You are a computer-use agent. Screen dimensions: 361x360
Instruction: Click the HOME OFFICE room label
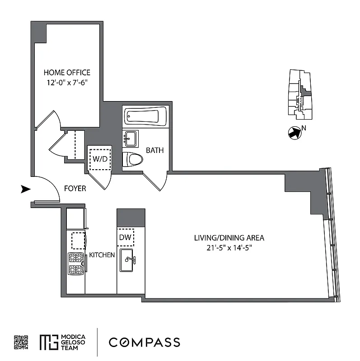[x=67, y=72]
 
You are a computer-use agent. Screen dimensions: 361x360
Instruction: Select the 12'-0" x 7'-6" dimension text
[x=67, y=83]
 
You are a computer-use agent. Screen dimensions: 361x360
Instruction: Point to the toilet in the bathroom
[x=132, y=159]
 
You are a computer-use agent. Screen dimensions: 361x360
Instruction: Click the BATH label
[x=154, y=150]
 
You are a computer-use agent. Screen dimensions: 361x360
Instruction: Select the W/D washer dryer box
[x=100, y=159]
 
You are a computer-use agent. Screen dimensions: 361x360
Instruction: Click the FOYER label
[x=75, y=189]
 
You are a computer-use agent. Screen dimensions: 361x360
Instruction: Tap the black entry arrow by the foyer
[x=26, y=189]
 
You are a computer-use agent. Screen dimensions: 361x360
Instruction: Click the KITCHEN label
[x=102, y=255]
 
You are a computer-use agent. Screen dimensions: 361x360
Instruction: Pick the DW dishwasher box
[x=125, y=237]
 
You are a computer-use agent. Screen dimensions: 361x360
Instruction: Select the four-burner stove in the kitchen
[x=76, y=264]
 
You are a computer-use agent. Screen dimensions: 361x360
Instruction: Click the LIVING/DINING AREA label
[x=229, y=238]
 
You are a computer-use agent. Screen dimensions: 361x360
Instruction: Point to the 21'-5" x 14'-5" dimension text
[x=229, y=247]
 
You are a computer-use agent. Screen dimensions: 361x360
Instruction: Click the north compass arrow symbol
[x=295, y=132]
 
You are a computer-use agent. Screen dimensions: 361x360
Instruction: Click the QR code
[x=21, y=342]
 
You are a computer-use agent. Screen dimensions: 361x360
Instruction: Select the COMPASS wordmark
[x=144, y=342]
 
